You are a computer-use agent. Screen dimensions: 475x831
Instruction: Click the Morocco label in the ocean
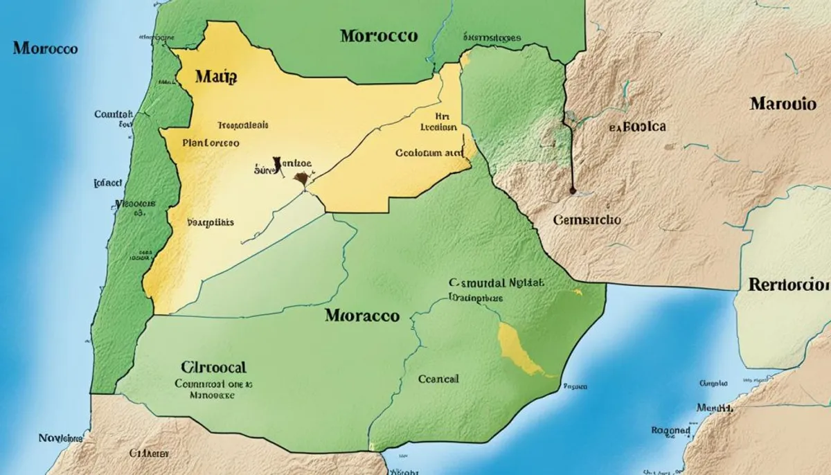coord(44,49)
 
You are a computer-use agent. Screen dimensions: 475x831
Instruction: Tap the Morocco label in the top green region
coord(379,35)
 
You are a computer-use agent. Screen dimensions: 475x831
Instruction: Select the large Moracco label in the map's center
coord(361,316)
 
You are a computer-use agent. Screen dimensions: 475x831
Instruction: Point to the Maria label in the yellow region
coord(216,77)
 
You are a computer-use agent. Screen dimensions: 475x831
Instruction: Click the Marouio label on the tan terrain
coord(783,104)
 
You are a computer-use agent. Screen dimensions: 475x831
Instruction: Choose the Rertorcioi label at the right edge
coord(789,285)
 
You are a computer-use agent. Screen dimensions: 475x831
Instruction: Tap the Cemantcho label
coord(587,219)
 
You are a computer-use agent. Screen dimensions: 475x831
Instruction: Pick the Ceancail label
coord(438,379)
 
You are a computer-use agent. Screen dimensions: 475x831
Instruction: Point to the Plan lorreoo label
coord(211,143)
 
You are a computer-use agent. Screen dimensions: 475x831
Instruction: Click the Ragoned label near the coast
coord(670,430)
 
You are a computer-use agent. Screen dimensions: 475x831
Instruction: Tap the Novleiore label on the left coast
coord(60,438)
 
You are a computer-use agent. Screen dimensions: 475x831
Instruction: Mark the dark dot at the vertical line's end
coord(572,189)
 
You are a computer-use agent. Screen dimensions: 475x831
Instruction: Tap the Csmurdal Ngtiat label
coord(496,283)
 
